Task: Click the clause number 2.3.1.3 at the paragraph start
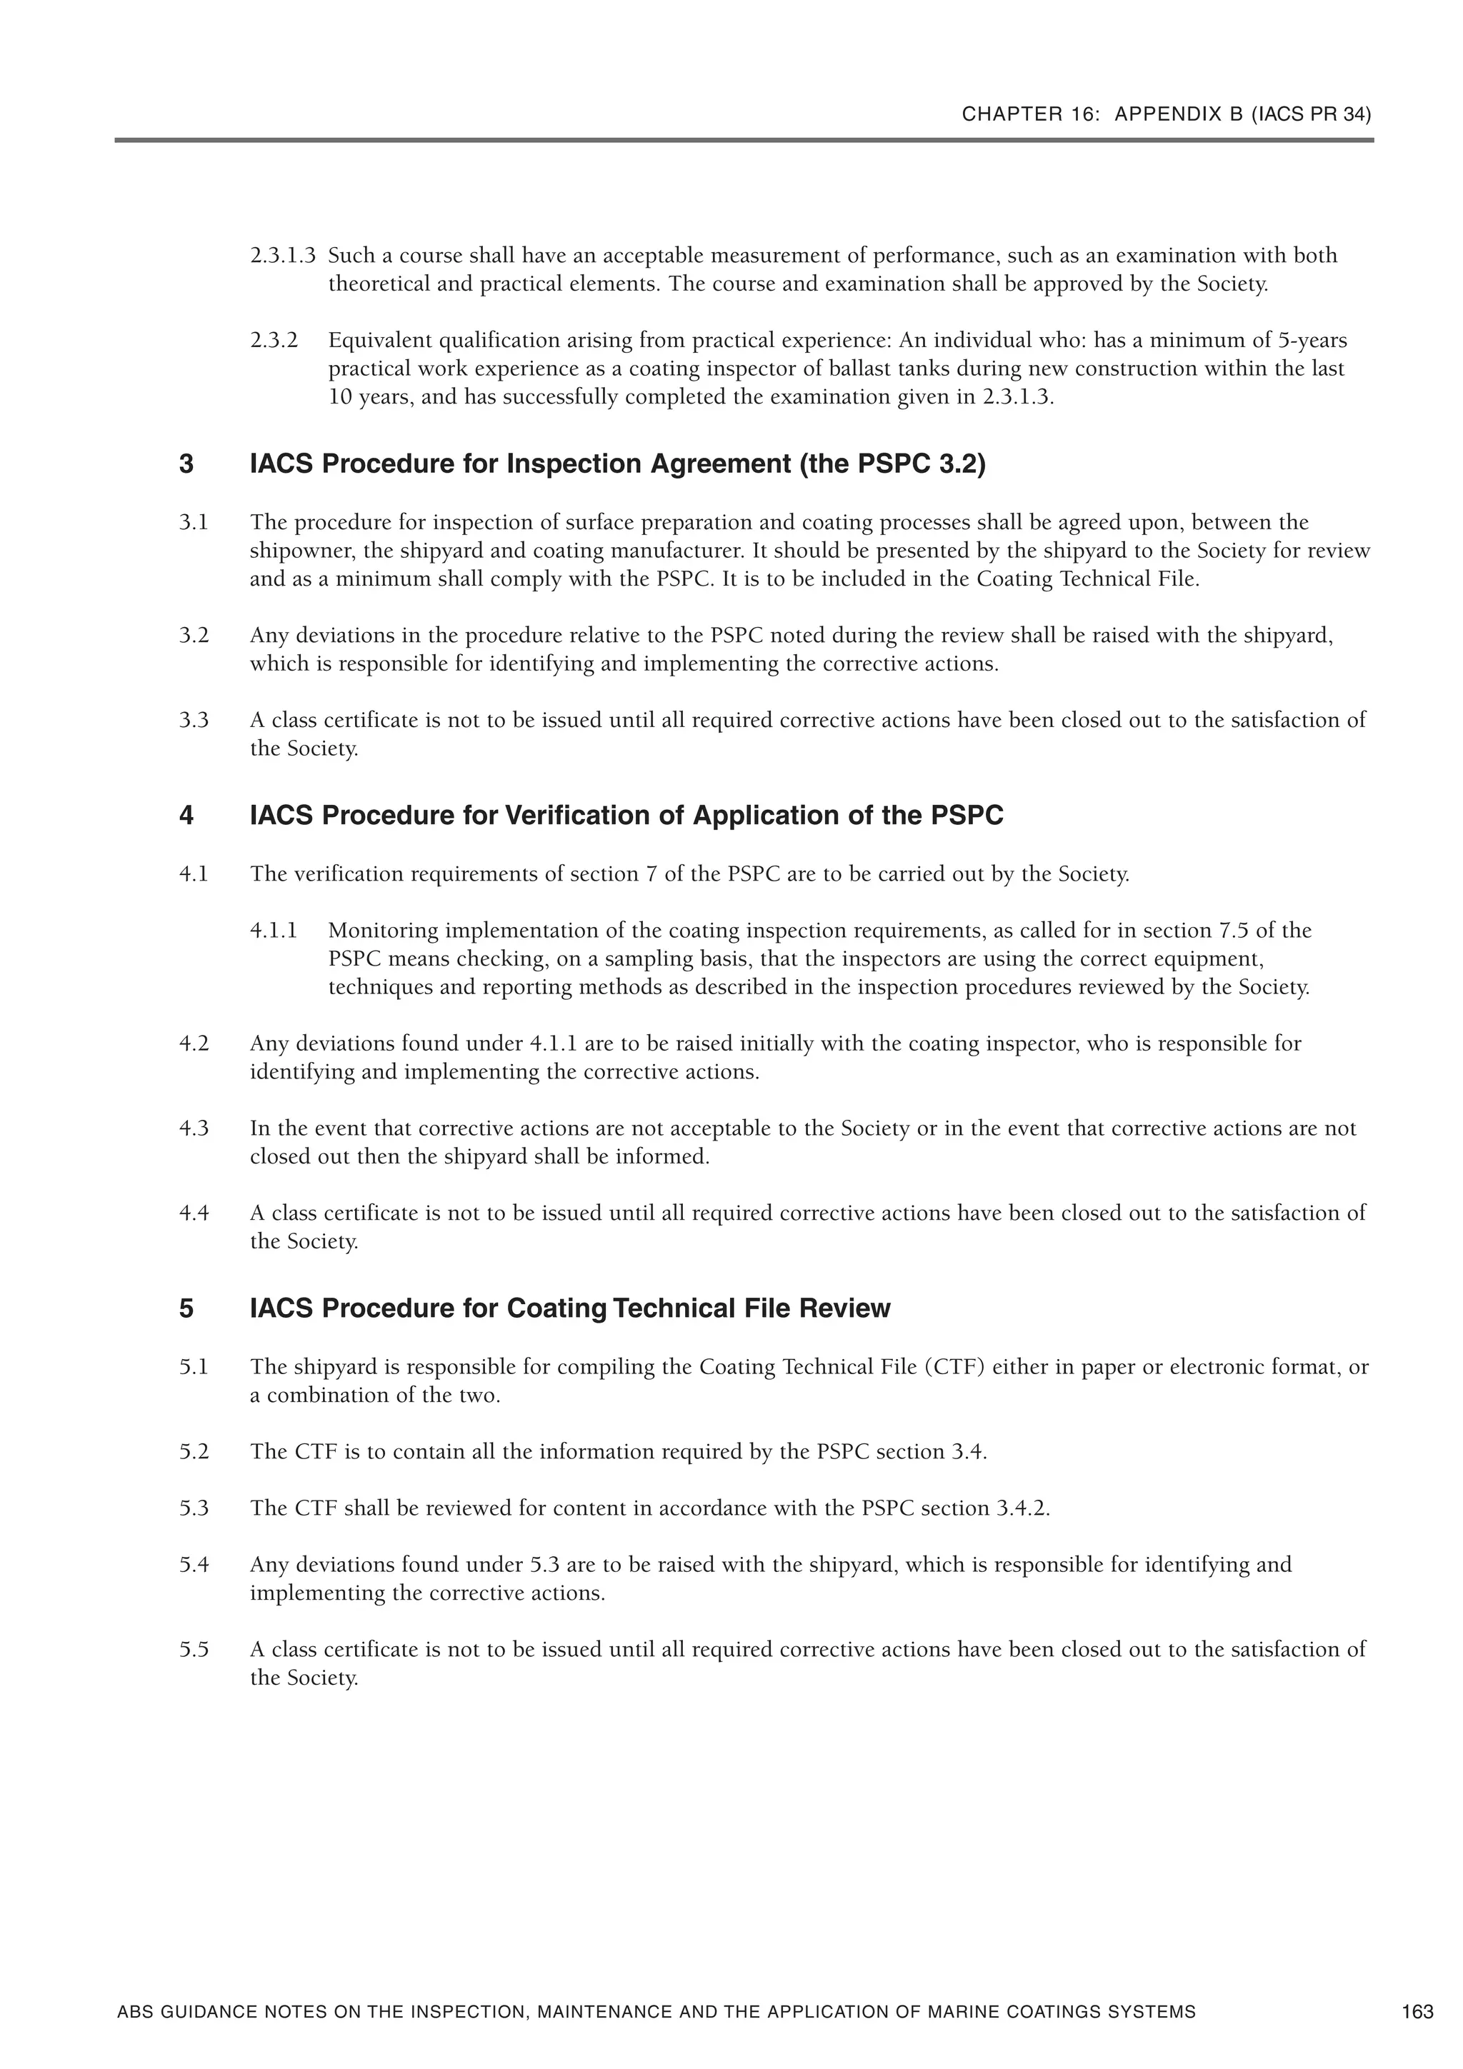[x=282, y=256]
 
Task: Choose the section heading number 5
[x=186, y=1308]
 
